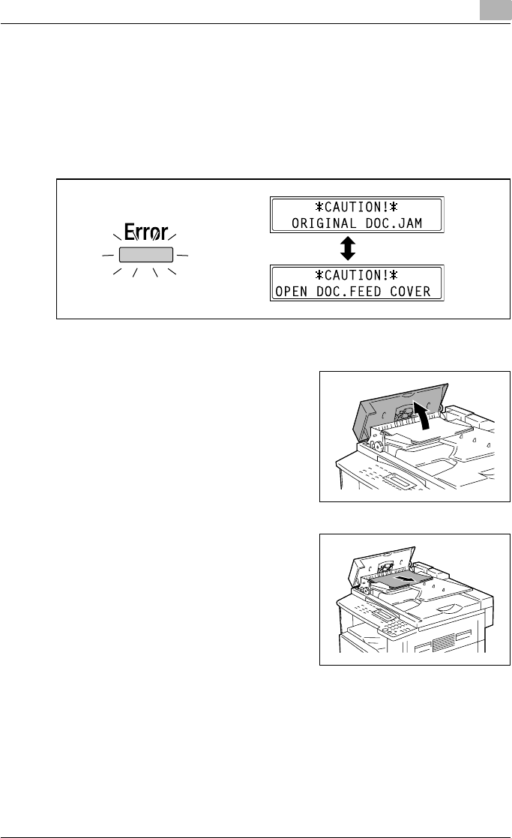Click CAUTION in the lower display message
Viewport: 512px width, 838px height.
(357, 274)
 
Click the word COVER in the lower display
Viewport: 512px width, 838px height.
(417, 290)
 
